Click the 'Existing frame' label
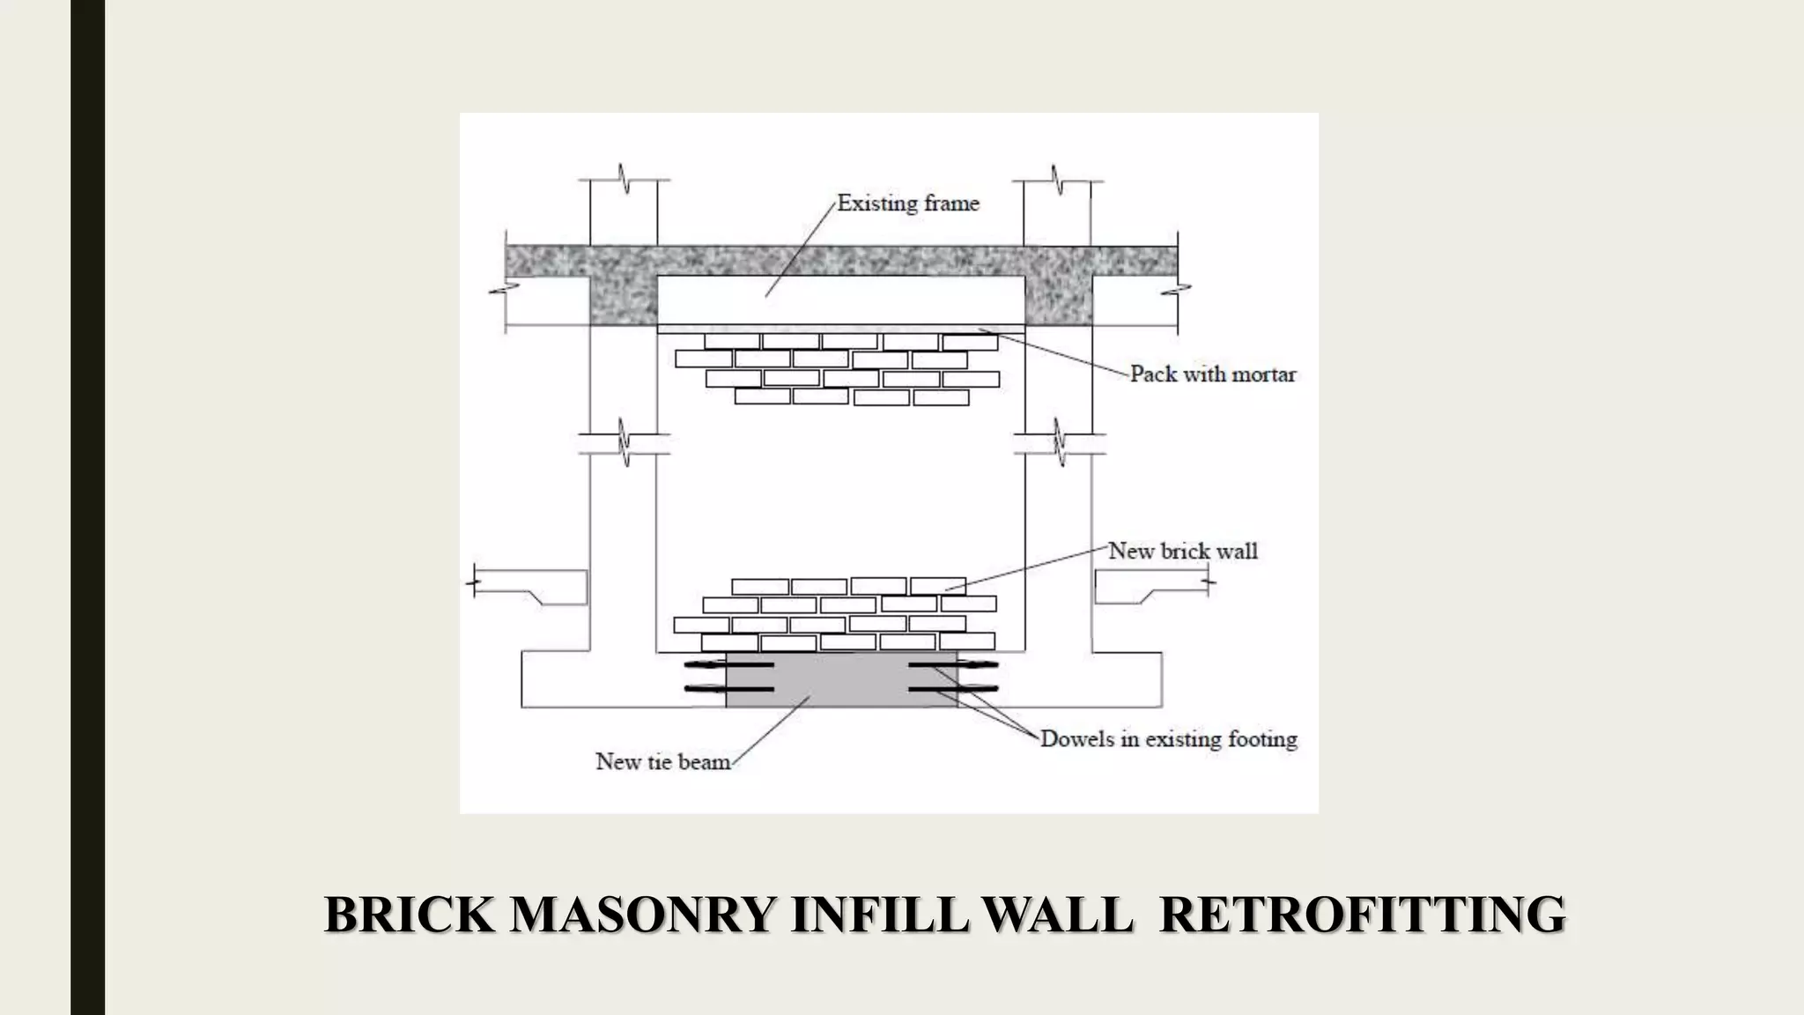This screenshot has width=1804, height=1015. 907,204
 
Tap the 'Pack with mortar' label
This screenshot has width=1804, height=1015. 1212,374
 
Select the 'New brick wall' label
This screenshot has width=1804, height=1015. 1182,552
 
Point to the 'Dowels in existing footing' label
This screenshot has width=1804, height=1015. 1168,739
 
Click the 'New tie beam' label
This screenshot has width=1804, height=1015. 662,761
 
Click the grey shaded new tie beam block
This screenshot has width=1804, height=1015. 841,680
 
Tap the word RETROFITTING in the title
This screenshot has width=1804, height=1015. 1362,915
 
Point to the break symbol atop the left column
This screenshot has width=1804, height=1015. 625,180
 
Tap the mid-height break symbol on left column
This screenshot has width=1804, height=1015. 625,443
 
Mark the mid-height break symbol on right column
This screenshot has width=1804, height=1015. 1058,443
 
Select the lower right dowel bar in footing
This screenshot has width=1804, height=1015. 953,688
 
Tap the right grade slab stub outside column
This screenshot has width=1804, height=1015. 1145,586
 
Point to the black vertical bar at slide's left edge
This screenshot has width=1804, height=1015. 87,507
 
